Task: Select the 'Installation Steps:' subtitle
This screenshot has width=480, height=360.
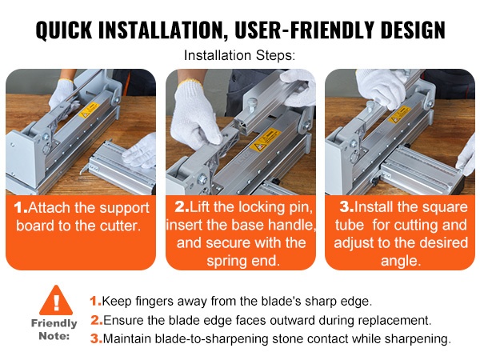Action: (x=239, y=55)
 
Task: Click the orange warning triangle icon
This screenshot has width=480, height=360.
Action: (x=56, y=300)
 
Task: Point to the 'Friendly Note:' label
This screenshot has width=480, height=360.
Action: (x=54, y=330)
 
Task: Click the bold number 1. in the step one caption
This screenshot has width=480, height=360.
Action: (x=21, y=207)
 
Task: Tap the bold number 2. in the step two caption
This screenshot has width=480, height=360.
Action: (x=182, y=207)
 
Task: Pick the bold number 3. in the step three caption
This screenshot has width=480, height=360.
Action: (x=347, y=207)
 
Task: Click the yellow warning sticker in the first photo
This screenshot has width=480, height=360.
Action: (x=89, y=110)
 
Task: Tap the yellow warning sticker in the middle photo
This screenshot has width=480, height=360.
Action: (x=265, y=140)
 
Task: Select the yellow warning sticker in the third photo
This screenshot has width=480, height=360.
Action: (x=399, y=114)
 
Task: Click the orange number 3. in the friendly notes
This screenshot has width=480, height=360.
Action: (x=96, y=339)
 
